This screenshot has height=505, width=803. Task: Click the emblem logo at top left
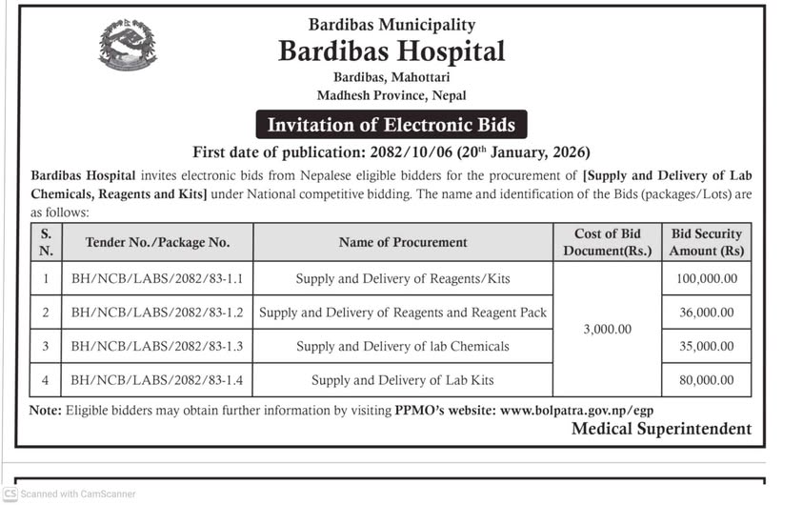[x=128, y=45]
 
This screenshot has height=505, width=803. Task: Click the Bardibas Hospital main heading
[x=391, y=50]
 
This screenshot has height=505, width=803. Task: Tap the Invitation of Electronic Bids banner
[x=391, y=125]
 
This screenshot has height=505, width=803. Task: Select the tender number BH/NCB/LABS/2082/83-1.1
[x=157, y=278]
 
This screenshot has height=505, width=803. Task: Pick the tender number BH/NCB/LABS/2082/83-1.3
[x=157, y=346]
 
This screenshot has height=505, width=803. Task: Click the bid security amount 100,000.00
[x=706, y=278]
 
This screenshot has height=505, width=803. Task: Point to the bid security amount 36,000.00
[x=706, y=312]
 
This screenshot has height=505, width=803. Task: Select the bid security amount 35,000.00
[x=706, y=346]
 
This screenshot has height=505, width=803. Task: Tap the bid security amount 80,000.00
[x=706, y=379]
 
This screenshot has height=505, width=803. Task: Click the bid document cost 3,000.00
[x=607, y=329]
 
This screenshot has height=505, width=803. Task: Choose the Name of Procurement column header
[x=403, y=242]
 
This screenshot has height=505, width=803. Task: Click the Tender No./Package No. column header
[x=157, y=242]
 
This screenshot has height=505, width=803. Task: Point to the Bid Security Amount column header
[x=706, y=242]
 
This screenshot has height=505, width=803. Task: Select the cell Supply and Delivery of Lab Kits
[x=403, y=379]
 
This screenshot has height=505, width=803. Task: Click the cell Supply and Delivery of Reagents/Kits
[x=403, y=278]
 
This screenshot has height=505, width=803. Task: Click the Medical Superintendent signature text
[x=661, y=429]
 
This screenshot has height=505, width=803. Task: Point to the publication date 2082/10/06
[x=416, y=151]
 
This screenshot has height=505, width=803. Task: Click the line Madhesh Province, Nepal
[x=391, y=95]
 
